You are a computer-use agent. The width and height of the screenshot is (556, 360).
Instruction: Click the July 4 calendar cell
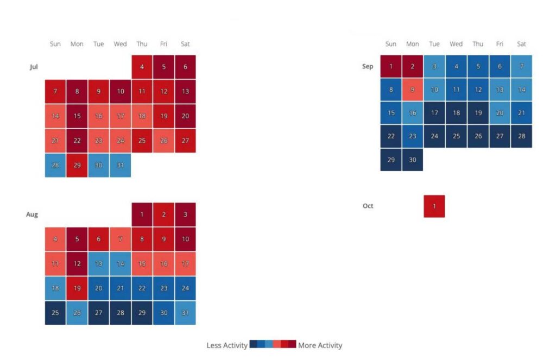(142, 66)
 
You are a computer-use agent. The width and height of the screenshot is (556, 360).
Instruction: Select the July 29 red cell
(77, 165)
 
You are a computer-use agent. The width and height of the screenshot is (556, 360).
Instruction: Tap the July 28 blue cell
(55, 165)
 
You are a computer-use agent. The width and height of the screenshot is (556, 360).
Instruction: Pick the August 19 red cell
(77, 288)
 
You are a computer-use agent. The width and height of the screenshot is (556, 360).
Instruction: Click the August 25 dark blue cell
(55, 313)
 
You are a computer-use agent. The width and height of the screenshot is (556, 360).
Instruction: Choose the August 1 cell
(142, 214)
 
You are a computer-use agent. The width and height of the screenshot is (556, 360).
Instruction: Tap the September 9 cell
(413, 90)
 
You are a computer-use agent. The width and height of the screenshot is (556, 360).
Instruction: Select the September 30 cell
(413, 160)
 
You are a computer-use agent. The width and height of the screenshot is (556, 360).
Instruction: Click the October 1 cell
(434, 206)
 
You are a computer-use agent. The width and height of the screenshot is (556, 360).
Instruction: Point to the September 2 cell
(413, 66)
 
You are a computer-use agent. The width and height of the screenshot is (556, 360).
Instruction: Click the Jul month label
(34, 67)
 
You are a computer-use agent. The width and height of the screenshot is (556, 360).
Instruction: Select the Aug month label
(32, 214)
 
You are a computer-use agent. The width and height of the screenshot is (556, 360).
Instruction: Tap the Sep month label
(368, 67)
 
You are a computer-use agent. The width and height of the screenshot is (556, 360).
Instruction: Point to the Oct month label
(368, 206)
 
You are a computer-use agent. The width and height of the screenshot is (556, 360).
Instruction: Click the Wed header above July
(121, 44)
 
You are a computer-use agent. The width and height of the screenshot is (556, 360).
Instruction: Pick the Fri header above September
(500, 44)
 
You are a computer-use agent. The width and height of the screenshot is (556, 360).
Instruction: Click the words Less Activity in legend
(227, 345)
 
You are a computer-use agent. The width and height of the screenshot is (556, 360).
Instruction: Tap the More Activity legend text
(320, 345)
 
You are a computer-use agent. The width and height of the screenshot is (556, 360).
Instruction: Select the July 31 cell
(121, 165)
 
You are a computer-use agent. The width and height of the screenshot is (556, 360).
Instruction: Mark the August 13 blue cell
(99, 264)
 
